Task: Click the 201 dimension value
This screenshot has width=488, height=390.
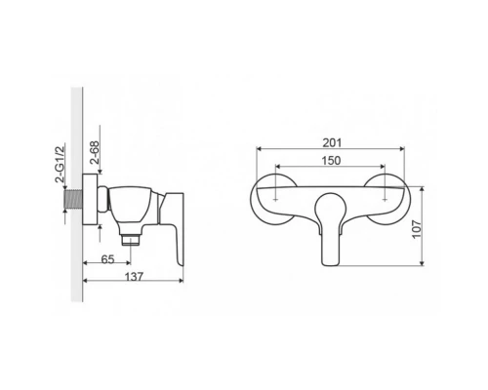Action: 332,142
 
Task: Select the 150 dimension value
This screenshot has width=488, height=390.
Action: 331,161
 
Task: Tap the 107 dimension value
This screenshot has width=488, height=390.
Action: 417,229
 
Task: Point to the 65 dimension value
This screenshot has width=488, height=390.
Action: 107,259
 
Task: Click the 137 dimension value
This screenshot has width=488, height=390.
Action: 134,277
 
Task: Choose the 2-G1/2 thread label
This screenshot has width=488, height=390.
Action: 61,165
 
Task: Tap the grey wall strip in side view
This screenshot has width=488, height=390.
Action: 77,194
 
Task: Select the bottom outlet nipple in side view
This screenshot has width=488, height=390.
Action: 131,239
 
